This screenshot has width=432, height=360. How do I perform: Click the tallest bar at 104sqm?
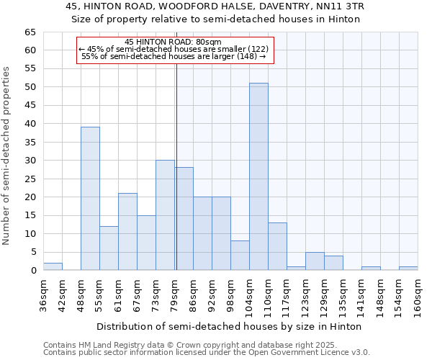click(258, 176)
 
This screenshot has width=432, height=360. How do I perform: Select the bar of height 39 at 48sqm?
click(90, 199)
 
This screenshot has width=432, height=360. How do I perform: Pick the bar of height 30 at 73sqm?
click(165, 215)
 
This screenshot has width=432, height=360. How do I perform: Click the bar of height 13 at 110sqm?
click(277, 246)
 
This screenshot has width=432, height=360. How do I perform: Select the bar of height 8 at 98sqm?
click(240, 256)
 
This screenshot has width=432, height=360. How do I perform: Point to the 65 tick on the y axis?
click(30, 32)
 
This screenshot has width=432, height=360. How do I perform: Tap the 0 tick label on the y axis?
click(33, 271)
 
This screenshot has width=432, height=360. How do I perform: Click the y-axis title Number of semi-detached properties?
click(6, 155)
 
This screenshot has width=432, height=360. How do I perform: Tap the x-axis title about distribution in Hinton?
click(229, 326)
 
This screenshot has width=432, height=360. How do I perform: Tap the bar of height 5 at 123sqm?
click(315, 261)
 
